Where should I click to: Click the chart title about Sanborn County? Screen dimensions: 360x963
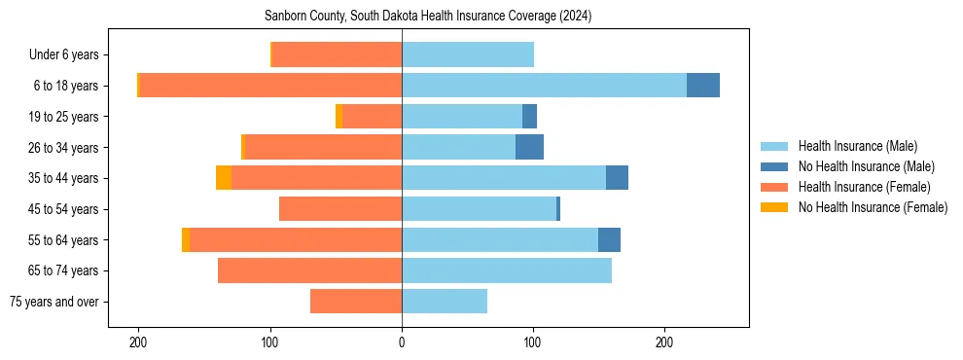[x=428, y=17]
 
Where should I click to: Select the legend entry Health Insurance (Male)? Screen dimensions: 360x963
[x=857, y=146]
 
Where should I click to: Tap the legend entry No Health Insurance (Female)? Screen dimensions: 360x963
[x=873, y=207]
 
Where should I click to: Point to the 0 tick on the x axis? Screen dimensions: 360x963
[x=402, y=342]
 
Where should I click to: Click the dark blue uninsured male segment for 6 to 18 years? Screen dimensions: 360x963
[x=703, y=86]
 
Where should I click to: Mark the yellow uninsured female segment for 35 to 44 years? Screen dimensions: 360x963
[x=224, y=178]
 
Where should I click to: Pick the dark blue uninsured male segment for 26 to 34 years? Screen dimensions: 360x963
[x=529, y=147]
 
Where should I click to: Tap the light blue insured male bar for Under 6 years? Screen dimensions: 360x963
[x=467, y=54]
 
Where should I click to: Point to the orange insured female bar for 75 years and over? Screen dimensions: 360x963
[x=356, y=302]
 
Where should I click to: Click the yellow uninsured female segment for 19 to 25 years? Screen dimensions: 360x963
[x=339, y=117]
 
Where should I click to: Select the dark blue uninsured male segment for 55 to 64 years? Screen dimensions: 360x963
[x=609, y=239]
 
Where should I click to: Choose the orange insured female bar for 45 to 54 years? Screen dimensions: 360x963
[x=340, y=209]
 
